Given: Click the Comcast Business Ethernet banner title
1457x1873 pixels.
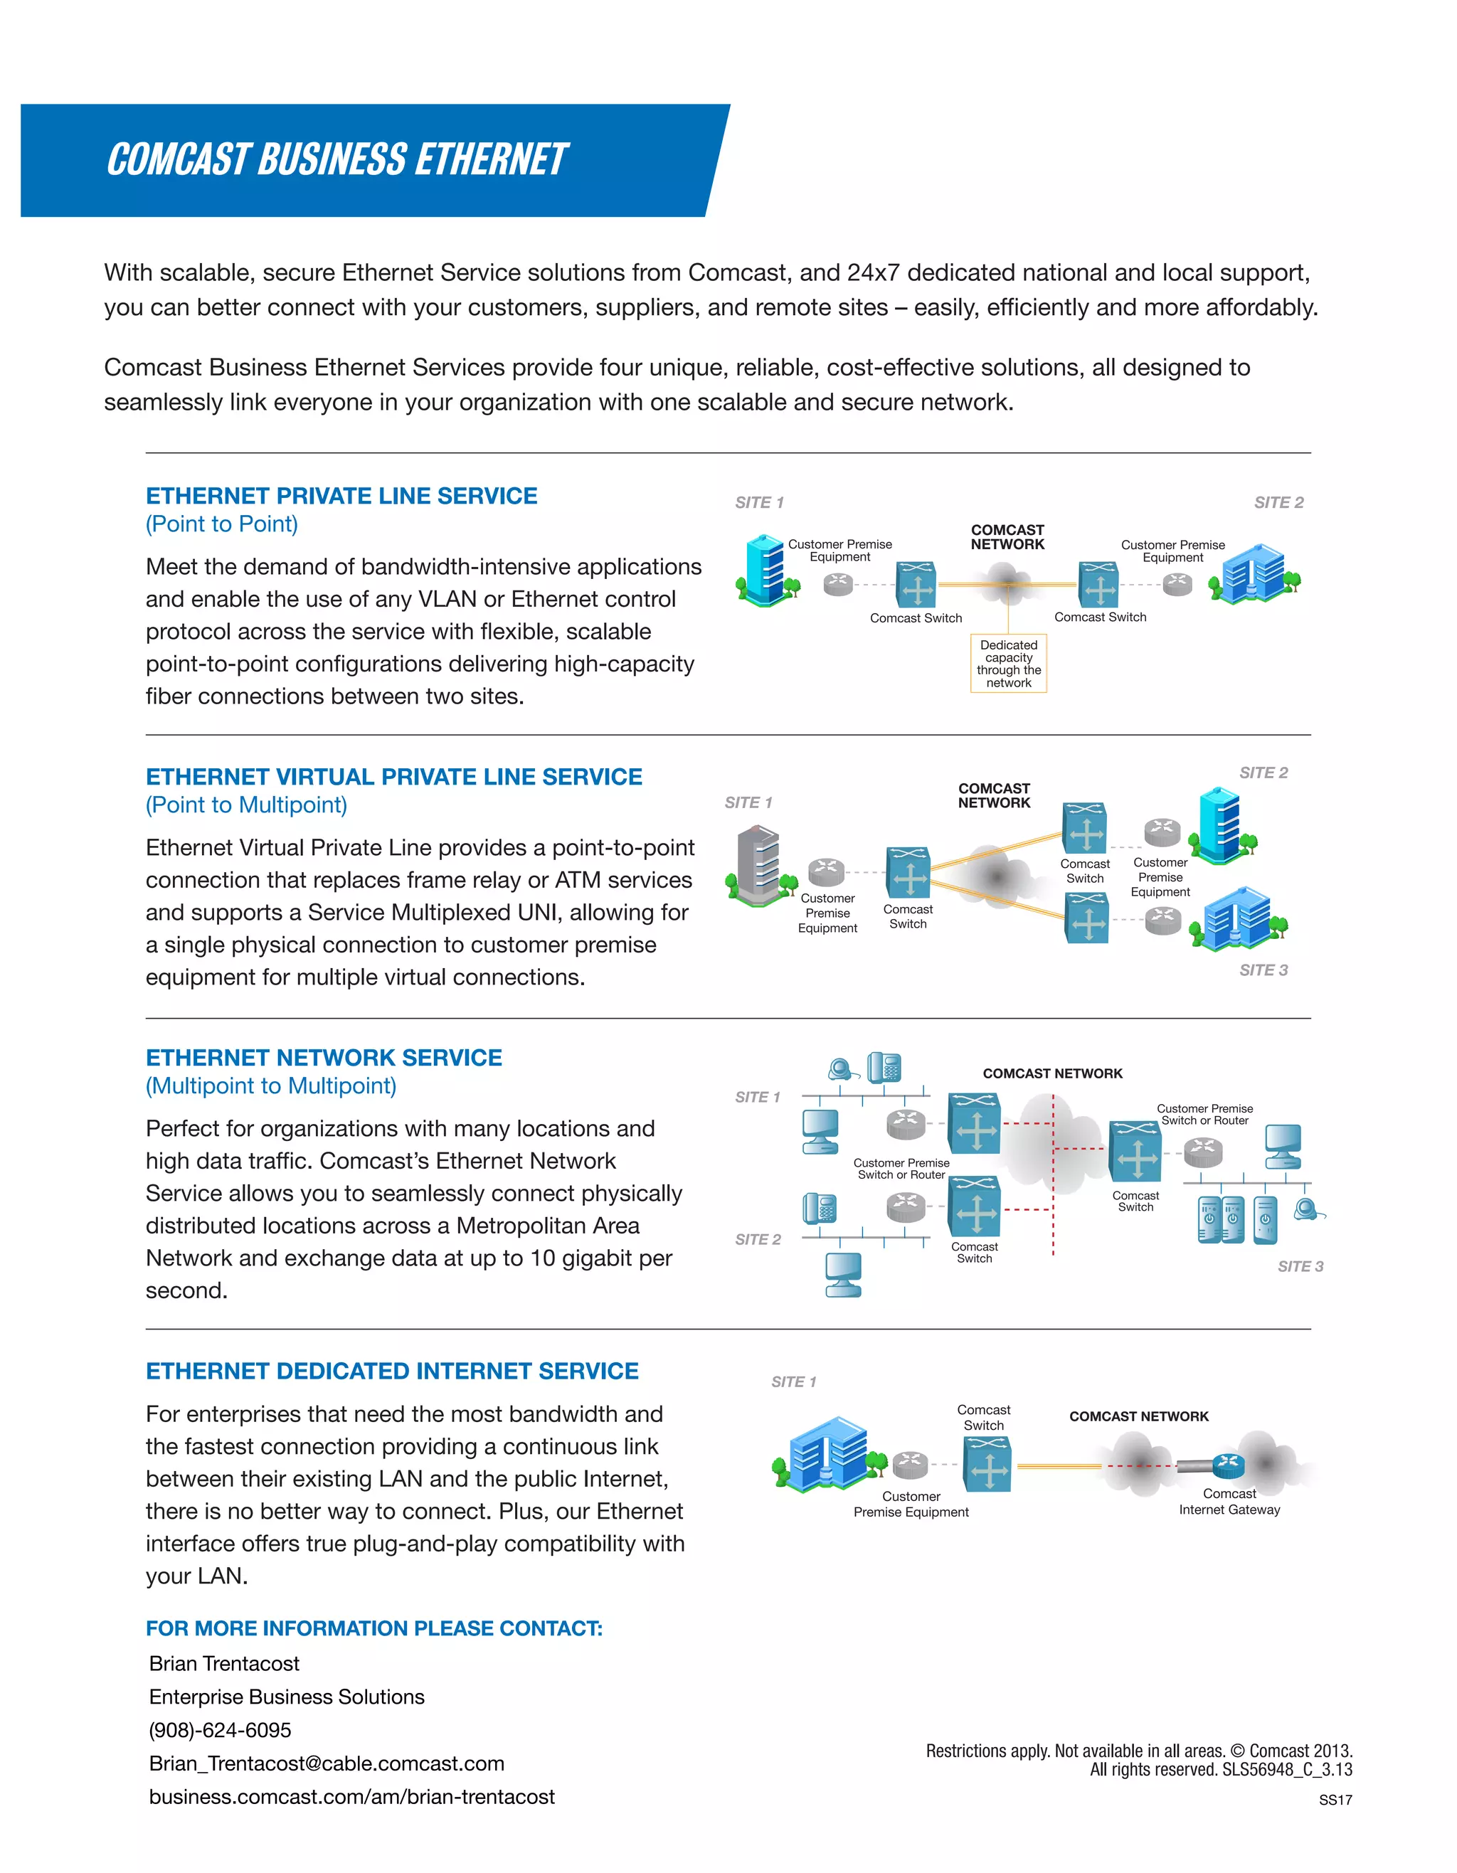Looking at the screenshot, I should (x=337, y=159).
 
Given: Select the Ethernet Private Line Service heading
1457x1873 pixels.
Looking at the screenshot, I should (x=341, y=496).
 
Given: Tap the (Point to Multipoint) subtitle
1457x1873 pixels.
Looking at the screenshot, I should (x=246, y=805).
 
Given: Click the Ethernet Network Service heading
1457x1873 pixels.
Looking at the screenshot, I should (x=323, y=1057).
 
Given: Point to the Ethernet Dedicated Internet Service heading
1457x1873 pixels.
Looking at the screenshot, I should (x=392, y=1371).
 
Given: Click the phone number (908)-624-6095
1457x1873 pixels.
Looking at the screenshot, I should (x=220, y=1730).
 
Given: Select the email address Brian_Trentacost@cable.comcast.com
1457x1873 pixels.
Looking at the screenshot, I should (x=327, y=1763).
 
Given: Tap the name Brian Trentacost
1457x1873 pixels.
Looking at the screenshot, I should (x=224, y=1663).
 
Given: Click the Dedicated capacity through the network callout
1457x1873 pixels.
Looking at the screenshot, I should (x=1009, y=663).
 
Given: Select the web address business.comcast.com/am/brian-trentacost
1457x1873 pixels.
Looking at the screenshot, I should (x=351, y=1797).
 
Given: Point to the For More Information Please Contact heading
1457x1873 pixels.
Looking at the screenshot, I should (x=374, y=1628).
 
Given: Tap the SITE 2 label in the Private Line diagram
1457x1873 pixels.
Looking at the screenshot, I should (x=1278, y=502).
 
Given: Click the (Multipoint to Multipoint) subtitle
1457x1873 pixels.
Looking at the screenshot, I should (x=271, y=1086).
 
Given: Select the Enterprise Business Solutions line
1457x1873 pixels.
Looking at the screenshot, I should (x=287, y=1697).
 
